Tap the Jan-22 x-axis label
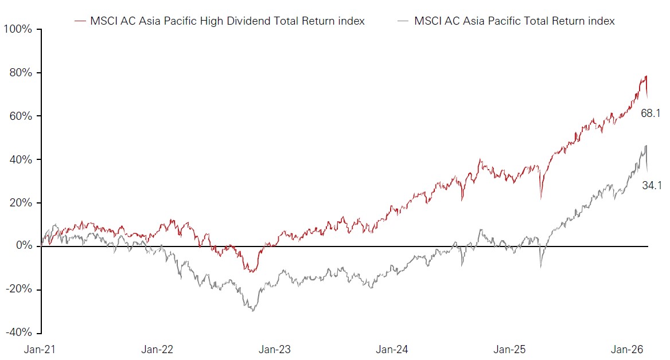coord(158,349)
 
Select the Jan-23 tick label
coord(275,349)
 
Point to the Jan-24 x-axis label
coord(392,349)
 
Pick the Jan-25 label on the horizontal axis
coord(510,349)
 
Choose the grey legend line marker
coord(403,21)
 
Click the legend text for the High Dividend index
coord(227,21)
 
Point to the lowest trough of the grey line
coord(252,311)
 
